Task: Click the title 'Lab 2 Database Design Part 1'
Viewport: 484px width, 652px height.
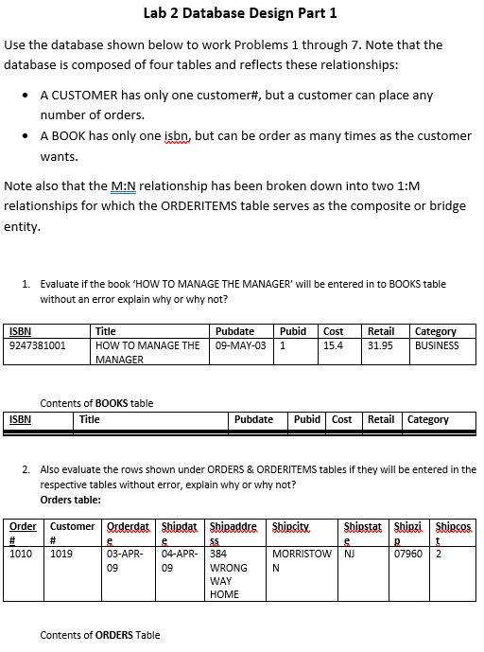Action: tap(240, 13)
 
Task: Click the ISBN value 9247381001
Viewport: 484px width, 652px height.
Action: tap(38, 345)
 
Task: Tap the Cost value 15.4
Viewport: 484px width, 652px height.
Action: tap(333, 345)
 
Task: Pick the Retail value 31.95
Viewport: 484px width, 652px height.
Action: tap(380, 345)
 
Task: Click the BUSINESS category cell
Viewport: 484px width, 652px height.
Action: tap(437, 345)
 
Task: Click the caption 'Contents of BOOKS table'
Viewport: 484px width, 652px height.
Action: tap(96, 403)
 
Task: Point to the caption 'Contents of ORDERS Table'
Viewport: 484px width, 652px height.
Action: tap(100, 635)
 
